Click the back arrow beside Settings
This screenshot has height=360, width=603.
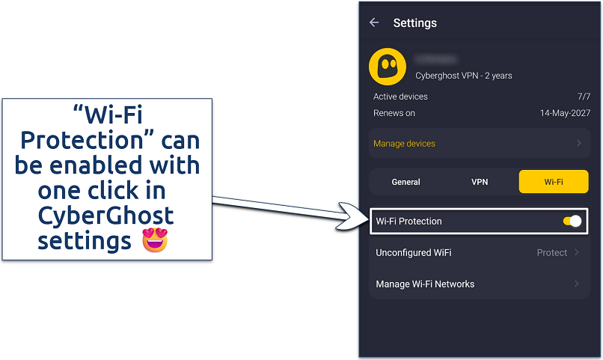pos(375,23)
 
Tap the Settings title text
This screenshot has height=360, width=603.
pos(414,23)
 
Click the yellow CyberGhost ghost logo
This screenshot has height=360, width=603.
pos(388,67)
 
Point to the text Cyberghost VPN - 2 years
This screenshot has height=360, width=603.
pos(464,76)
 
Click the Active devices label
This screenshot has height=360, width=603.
pos(400,97)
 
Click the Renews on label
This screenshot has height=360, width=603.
pos(394,113)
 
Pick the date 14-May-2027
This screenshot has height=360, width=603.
pos(565,113)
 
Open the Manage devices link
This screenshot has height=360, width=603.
pos(404,143)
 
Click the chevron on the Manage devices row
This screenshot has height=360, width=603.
pos(579,143)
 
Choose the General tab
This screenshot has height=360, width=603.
pos(406,182)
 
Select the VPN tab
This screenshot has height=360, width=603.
pos(480,182)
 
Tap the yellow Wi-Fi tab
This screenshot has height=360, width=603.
pos(554,182)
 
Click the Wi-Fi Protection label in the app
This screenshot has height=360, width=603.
pos(408,222)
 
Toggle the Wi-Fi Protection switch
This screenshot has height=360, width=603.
pos(572,222)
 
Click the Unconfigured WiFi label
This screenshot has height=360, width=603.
pos(413,253)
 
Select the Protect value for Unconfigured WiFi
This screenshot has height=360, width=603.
pos(552,253)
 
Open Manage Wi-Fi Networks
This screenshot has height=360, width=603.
pos(425,284)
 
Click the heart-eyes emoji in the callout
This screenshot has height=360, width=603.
pos(155,241)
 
